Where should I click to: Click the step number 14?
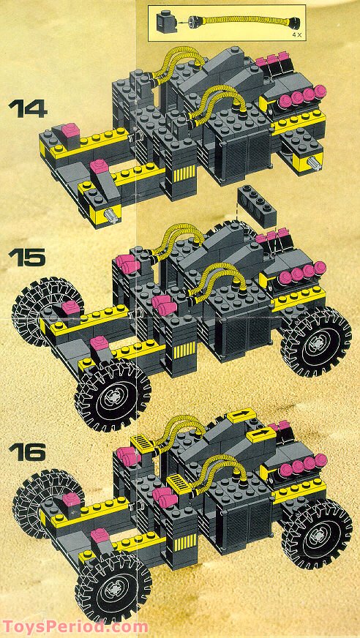tap(28, 109)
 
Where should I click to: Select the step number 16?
tap(28, 451)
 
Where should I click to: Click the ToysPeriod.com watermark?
tap(75, 627)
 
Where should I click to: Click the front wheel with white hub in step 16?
tap(113, 588)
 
